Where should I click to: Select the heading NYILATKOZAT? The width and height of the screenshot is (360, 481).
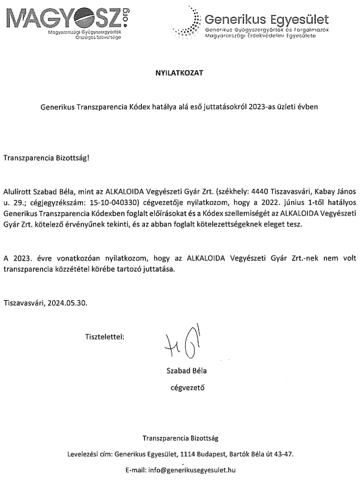[x=179, y=72]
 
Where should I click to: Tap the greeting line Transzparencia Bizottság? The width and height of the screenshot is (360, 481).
[x=46, y=157]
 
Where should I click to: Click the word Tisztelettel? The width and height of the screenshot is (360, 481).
[x=104, y=337]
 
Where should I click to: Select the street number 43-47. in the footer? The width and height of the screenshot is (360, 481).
[x=283, y=454]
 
